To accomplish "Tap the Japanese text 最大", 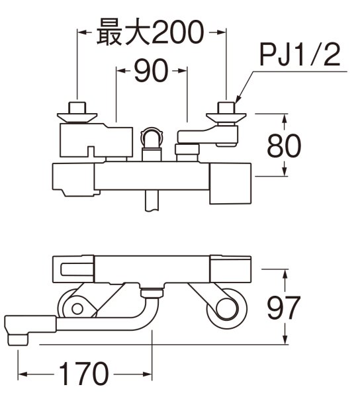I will pos(119,31).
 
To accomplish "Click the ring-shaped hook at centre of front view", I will pos(152,140).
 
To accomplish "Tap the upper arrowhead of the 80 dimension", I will pos(285,118).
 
